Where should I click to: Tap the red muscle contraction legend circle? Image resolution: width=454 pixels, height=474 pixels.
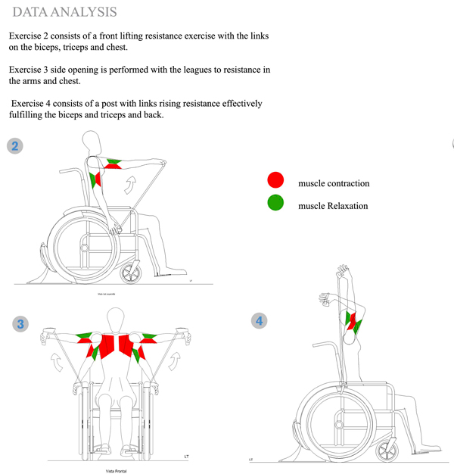click(275, 180)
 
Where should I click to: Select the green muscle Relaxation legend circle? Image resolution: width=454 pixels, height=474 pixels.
click(275, 202)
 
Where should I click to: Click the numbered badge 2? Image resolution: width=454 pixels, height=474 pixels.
click(14, 145)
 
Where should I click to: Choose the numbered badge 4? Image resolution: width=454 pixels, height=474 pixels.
click(260, 321)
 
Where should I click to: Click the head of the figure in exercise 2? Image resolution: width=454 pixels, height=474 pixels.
click(92, 142)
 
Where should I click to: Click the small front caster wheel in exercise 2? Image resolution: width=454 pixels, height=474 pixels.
click(133, 270)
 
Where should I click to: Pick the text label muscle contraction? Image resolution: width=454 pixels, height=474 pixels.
click(334, 183)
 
